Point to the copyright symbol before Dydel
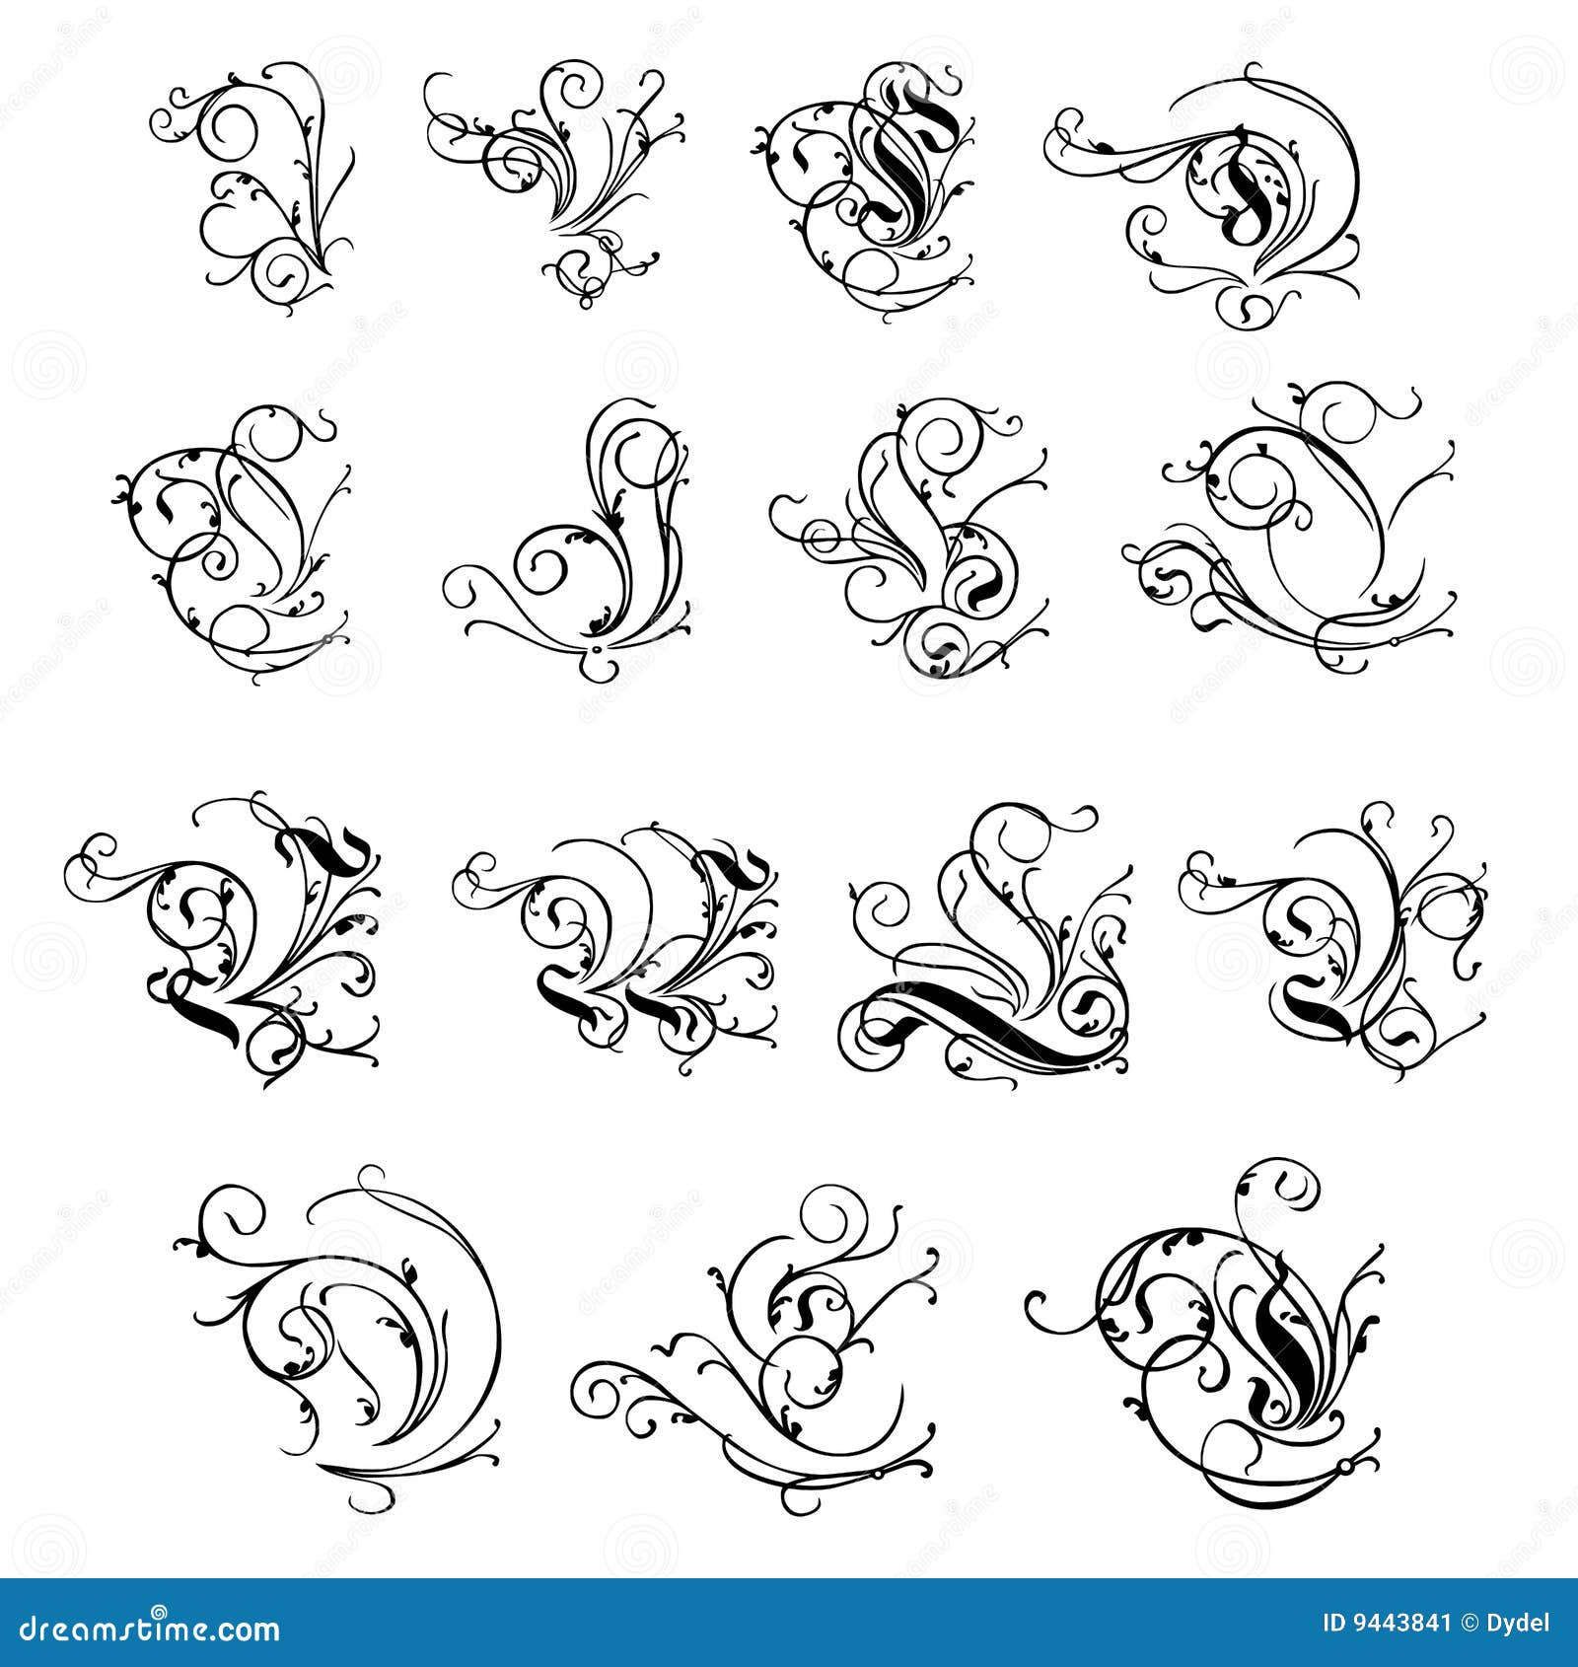click(1469, 1623)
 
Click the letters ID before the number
click(1333, 1623)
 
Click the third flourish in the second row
click(917, 538)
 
